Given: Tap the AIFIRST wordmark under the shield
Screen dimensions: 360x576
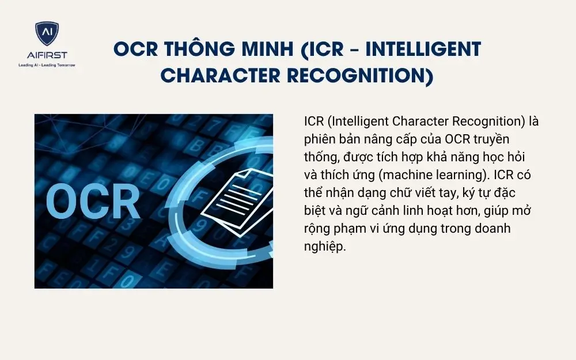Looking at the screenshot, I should pyautogui.click(x=47, y=55).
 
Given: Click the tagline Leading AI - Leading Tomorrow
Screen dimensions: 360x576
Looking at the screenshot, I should pyautogui.click(x=47, y=65).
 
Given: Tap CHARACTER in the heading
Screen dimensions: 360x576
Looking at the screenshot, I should pyautogui.click(x=210, y=75).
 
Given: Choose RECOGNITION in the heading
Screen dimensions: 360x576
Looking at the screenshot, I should pyautogui.click(x=353, y=75).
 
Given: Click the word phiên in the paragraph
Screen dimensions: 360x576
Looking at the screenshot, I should pyautogui.click(x=318, y=139).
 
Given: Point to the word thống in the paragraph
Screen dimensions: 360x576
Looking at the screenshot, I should pyautogui.click(x=320, y=157).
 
